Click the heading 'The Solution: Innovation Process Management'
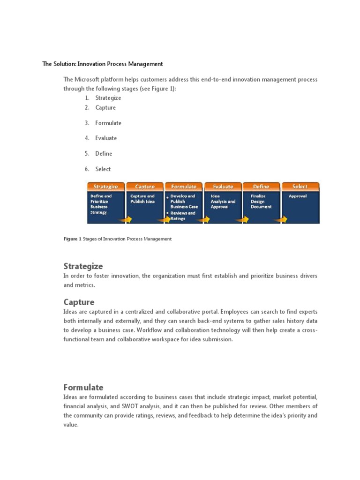point(103,64)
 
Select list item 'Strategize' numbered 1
point(108,98)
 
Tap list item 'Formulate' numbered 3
point(108,123)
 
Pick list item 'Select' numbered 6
point(103,169)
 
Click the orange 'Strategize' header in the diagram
point(105,187)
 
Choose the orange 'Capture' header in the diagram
point(145,187)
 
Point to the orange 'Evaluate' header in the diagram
point(223,187)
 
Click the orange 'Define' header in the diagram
point(261,187)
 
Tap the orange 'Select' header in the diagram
point(300,187)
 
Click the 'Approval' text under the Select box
point(298,196)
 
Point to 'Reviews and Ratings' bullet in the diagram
point(183,216)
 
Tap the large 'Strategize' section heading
point(83,266)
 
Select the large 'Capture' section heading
point(79,302)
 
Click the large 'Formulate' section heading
point(83,387)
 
